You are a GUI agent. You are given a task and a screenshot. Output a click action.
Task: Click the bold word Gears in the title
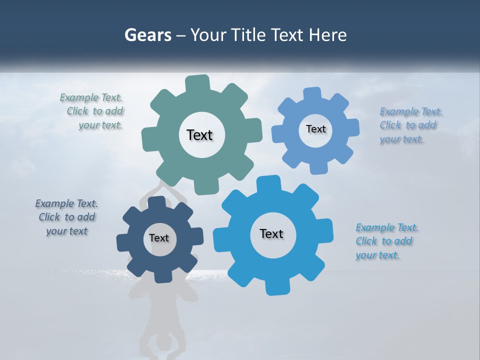point(147,35)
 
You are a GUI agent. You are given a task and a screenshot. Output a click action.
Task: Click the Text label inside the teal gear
point(199,135)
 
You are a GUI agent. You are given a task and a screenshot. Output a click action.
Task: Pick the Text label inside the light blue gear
point(315,129)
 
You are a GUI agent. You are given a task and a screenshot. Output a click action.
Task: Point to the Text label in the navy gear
point(159,238)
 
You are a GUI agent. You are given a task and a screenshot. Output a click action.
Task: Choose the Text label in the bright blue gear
point(271,233)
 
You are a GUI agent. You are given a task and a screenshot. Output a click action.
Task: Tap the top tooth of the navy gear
point(157,202)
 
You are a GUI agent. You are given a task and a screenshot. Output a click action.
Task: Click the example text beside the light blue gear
point(410,125)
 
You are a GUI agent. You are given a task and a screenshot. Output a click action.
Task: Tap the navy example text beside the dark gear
point(66,217)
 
